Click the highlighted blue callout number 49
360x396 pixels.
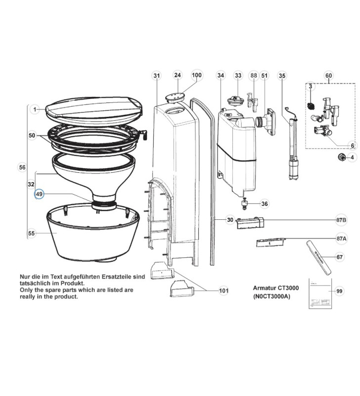(x=39, y=195)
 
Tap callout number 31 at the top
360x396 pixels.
(x=157, y=76)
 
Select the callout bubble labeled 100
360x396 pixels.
(x=197, y=76)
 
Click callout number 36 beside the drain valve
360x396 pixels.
(x=265, y=203)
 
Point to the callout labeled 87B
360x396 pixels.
(x=341, y=219)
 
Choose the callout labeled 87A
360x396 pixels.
(x=341, y=239)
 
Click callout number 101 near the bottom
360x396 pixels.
(x=224, y=291)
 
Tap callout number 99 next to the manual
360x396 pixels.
(x=339, y=291)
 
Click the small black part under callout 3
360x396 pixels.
(x=311, y=105)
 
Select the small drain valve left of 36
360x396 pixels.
(x=243, y=202)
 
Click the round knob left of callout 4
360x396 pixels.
(x=341, y=157)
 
